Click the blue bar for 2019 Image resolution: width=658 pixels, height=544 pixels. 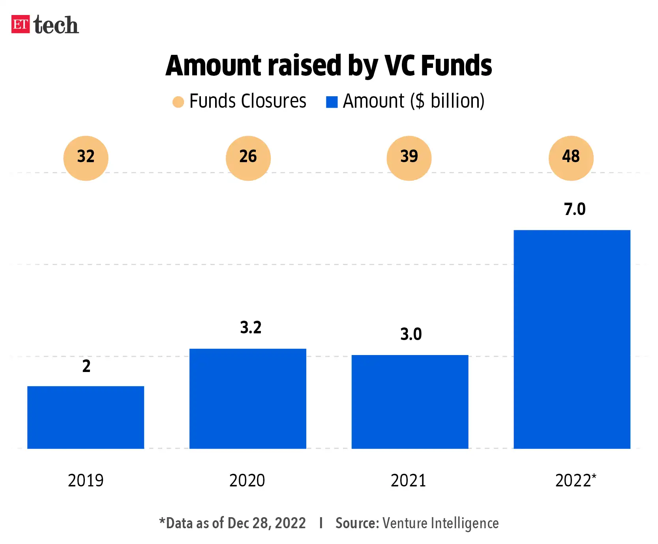pos(86,417)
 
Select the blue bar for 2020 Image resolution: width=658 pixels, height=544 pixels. pos(248,398)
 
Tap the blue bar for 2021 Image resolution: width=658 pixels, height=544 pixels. pos(410,402)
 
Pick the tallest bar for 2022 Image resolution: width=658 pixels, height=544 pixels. pos(572,339)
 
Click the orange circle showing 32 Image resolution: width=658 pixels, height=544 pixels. pos(86,158)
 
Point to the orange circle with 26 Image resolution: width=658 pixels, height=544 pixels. pos(248,158)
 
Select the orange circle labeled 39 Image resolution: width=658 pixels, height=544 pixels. pos(409,158)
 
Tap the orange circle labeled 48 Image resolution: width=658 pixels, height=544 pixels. pos(571,158)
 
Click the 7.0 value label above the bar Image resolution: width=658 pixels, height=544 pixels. pos(575,209)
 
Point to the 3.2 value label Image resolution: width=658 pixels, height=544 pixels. pos(251,328)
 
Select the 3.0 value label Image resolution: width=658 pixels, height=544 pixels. pos(411,334)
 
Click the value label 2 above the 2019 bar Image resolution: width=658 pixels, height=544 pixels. pos(86,366)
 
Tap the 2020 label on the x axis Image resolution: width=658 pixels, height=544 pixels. pos(247,480)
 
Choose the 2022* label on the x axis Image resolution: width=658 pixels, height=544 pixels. pos(576,480)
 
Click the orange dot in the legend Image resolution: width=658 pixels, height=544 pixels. pos(178,102)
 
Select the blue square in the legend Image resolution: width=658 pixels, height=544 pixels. pos(332,102)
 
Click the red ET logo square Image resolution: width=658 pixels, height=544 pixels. pos(21,24)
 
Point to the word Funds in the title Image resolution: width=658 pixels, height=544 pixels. pos(456,65)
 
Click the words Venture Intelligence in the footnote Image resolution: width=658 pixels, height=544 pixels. pos(441,523)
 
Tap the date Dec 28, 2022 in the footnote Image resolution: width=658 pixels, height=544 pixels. pos(267,523)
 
